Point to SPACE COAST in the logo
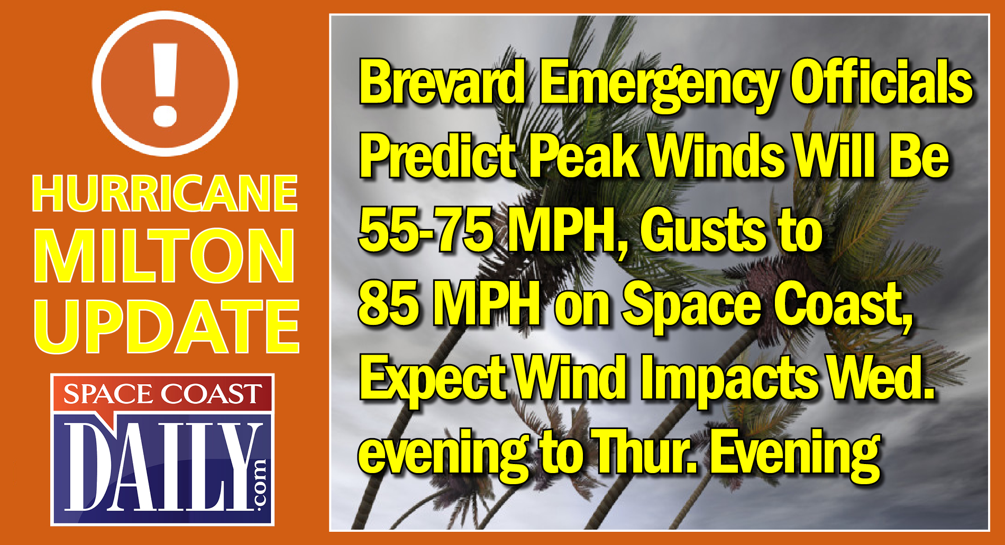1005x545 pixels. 162,394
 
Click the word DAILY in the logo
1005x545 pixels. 159,466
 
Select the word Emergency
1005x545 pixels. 659,85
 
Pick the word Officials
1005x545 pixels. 881,84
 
